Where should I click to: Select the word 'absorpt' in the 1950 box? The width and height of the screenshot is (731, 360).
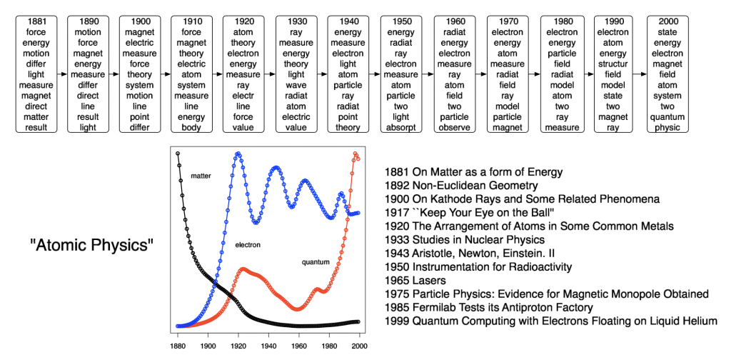(401, 128)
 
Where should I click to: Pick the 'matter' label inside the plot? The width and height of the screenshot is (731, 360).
(201, 175)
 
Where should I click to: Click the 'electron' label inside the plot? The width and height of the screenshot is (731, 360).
(248, 245)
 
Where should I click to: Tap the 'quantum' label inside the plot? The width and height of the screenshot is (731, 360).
(316, 263)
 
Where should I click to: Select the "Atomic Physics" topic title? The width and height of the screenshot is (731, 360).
(91, 246)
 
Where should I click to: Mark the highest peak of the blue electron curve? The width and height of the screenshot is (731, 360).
(238, 153)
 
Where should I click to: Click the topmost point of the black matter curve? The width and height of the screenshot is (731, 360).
(178, 154)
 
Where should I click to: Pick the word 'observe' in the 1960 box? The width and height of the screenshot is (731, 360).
(454, 128)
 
